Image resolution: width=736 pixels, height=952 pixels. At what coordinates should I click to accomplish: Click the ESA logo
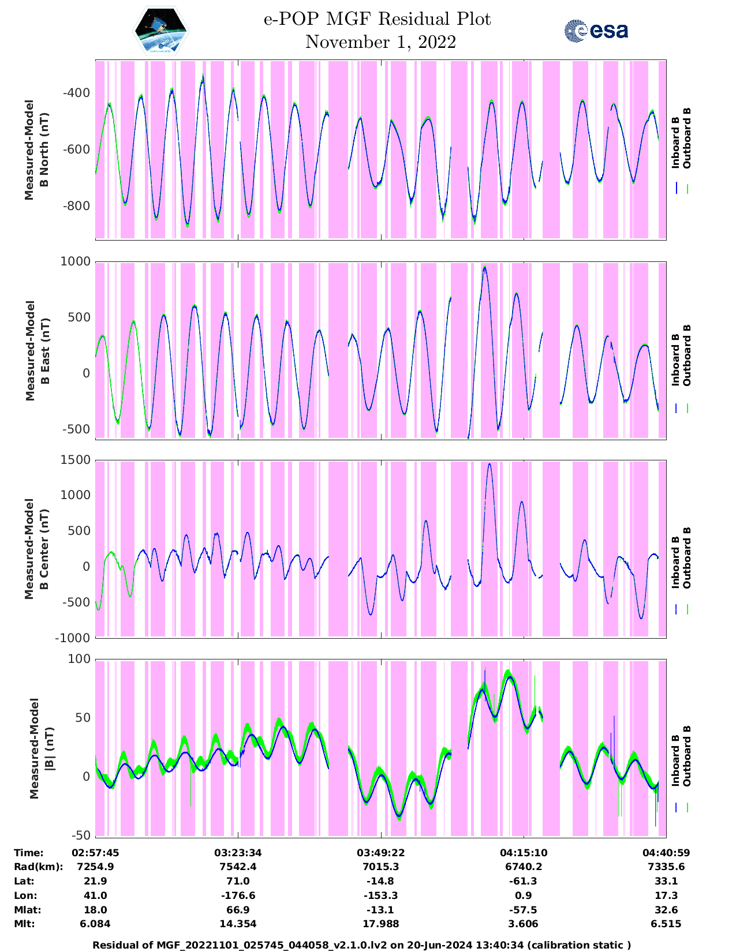click(596, 31)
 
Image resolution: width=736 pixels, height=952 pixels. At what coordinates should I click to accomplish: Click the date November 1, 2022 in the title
click(380, 42)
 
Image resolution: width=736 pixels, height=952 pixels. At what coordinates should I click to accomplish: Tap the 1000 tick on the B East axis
click(75, 261)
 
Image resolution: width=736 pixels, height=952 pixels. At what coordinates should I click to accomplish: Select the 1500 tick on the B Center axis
click(75, 460)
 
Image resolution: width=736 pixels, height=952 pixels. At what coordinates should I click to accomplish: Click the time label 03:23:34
click(238, 853)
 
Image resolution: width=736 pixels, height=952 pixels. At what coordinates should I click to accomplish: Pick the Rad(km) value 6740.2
click(523, 867)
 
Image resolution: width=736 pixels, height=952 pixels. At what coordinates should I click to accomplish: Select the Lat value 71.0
click(238, 881)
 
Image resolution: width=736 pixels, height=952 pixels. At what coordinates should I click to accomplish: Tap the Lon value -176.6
click(238, 895)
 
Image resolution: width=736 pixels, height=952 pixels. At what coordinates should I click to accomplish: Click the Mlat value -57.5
click(523, 910)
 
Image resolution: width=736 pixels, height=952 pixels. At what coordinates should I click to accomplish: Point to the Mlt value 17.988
click(380, 924)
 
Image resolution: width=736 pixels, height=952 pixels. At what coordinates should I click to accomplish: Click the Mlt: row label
click(24, 924)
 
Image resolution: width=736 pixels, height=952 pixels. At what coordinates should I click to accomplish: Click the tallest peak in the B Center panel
click(490, 464)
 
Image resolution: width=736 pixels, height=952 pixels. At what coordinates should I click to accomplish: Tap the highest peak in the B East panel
click(485, 267)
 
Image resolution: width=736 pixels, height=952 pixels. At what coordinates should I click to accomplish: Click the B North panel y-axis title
click(36, 149)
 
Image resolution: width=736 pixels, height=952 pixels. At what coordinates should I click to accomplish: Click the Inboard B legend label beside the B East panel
click(675, 359)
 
